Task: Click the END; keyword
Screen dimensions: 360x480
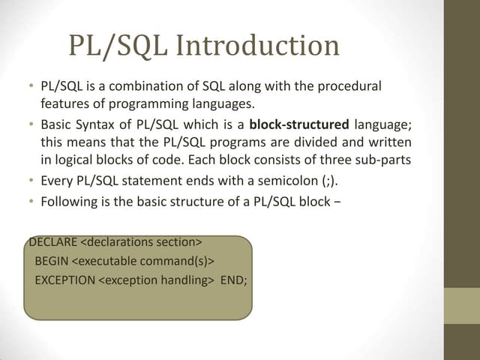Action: (x=233, y=280)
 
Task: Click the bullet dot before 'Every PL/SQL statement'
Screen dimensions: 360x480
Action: (x=24, y=181)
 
